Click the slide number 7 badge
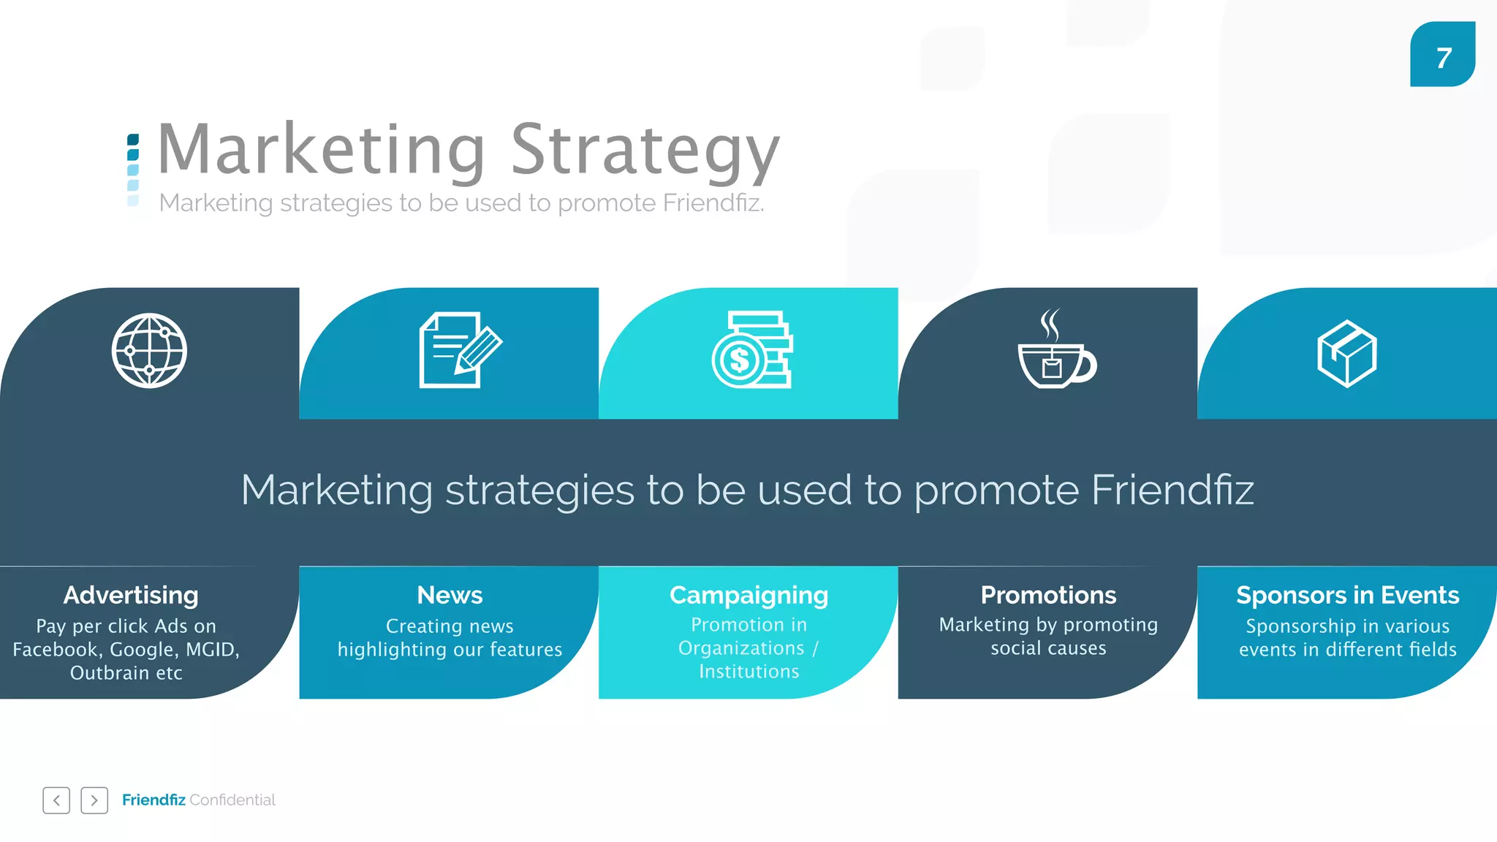pos(1442,55)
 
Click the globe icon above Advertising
pos(149,351)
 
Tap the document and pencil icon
pos(460,349)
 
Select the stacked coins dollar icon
pos(751,349)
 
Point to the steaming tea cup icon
pos(1056,350)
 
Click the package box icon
pos(1346,353)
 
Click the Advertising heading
pos(131,595)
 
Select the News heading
pos(450,595)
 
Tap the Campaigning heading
pos(748,595)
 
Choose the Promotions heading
pos(1048,595)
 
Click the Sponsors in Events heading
pos(1347,595)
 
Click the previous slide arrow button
pos(56,800)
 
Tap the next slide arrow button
pos(94,800)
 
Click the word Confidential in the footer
pos(232,800)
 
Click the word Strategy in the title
pos(645,151)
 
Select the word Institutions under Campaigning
pos(748,671)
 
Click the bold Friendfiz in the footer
pos(154,800)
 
